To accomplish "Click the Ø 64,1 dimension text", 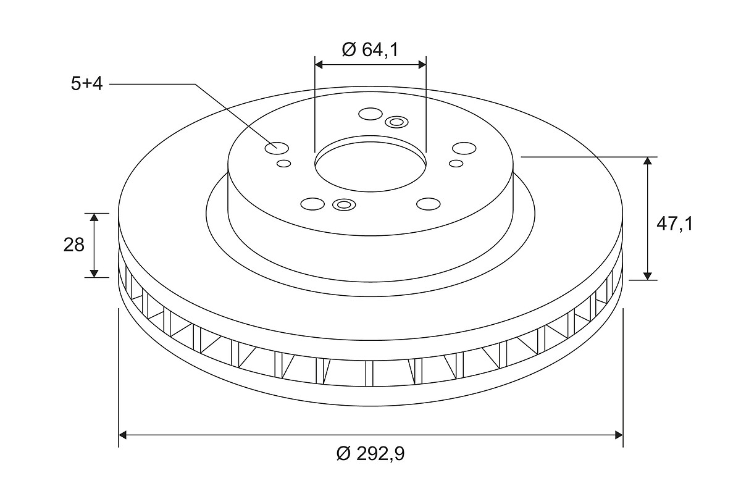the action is point(370,49).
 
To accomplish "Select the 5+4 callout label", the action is point(87,83).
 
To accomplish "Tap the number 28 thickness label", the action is point(73,245).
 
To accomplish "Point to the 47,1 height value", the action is point(674,224).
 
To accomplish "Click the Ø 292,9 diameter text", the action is point(370,454).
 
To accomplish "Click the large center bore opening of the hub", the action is point(371,167).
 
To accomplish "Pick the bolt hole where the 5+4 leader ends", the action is point(277,148).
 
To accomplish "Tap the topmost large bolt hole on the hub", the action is point(371,114).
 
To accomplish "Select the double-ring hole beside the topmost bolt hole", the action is point(396,122).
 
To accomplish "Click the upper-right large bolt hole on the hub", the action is point(464,148).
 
